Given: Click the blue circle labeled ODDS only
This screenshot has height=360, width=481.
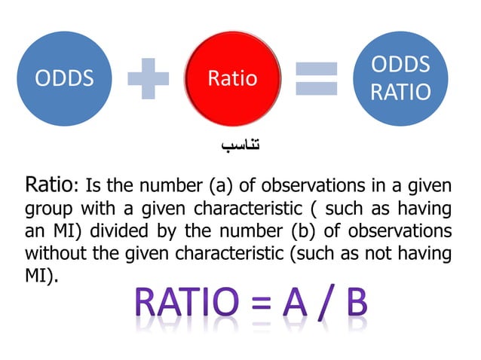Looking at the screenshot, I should click(x=66, y=78).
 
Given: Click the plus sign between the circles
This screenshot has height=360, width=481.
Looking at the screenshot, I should click(x=149, y=78).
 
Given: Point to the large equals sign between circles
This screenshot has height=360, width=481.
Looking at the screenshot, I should click(x=316, y=78).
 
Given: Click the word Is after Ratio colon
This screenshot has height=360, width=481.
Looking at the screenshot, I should click(x=95, y=185).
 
